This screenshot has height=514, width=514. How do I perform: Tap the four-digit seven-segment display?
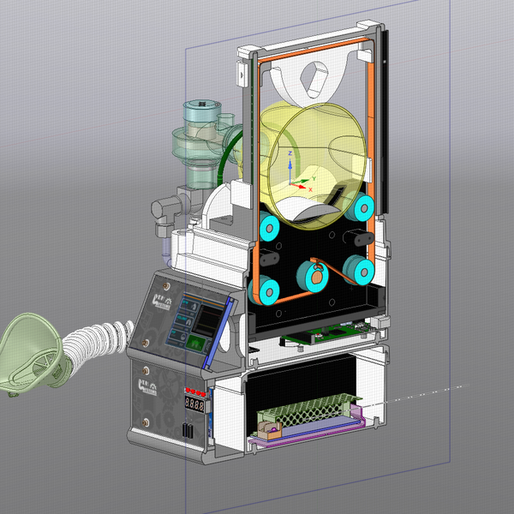pos(196,404)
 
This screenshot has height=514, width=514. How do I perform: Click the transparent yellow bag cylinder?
pos(313,163)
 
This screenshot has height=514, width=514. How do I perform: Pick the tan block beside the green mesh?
pos(269,422)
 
